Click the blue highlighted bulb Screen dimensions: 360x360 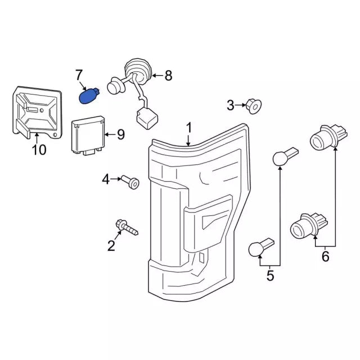click(x=89, y=96)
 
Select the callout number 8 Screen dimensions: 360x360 click(x=169, y=75)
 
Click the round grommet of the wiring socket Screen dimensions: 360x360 click(x=138, y=70)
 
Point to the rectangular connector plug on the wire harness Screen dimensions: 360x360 click(x=147, y=119)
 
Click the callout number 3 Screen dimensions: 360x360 click(x=231, y=105)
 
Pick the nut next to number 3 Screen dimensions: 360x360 click(x=254, y=106)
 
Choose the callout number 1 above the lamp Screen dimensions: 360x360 click(x=189, y=128)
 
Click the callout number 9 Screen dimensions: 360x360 click(x=121, y=134)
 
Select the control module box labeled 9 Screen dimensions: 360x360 click(x=88, y=135)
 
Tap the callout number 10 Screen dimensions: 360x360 click(x=39, y=150)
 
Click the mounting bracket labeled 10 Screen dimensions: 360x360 click(x=37, y=112)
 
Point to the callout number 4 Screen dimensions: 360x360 click(x=106, y=179)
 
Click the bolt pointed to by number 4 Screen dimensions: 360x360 click(x=130, y=182)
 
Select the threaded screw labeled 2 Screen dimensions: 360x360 click(x=127, y=227)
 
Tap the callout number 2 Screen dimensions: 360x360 click(x=111, y=246)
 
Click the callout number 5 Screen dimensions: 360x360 click(x=270, y=275)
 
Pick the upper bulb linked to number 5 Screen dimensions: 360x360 click(x=285, y=156)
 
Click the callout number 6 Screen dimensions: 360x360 click(x=326, y=256)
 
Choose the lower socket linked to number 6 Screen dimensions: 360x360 click(x=309, y=225)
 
